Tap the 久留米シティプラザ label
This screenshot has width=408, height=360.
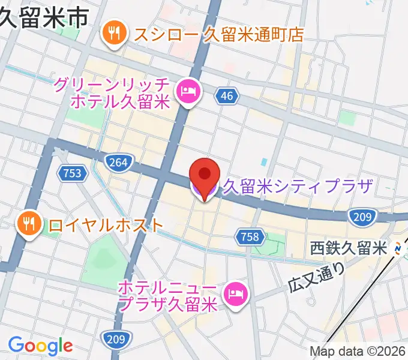click(x=298, y=187)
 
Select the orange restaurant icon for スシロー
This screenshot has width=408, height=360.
click(x=113, y=34)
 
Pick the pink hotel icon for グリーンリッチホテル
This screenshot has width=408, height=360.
click(x=189, y=92)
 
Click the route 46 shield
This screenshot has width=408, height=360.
click(x=226, y=95)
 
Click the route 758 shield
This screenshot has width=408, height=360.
click(x=249, y=236)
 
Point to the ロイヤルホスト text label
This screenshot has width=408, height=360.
click(x=106, y=225)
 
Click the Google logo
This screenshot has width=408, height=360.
click(x=40, y=346)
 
